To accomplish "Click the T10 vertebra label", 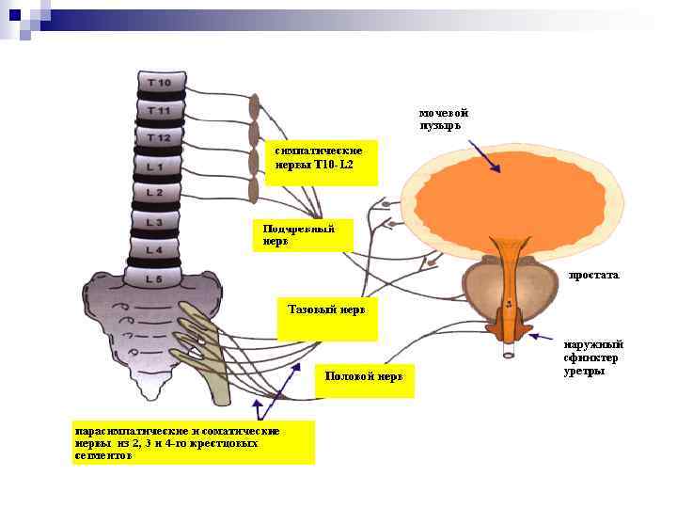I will (x=159, y=84).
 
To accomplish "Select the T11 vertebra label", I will (x=159, y=111).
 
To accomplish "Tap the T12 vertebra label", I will (x=158, y=138).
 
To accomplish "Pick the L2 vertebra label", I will (x=154, y=193).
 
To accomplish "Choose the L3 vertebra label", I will (x=153, y=222).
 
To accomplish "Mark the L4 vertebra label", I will (x=153, y=250).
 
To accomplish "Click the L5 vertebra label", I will (x=153, y=278).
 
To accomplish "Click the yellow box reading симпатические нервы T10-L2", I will (x=321, y=162).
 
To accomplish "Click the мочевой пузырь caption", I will (x=443, y=119).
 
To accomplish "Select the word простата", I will (x=593, y=276).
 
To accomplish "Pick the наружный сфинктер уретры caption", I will (x=592, y=357).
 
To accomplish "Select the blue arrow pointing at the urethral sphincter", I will (x=543, y=335).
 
